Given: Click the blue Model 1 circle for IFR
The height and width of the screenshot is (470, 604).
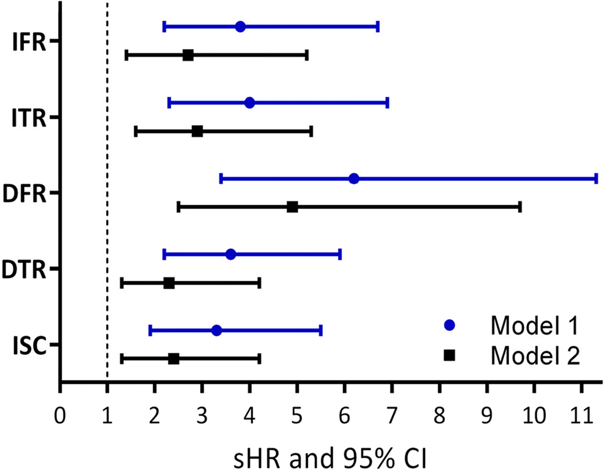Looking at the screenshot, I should tap(240, 27).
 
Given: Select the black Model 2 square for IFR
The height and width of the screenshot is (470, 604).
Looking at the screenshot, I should tap(188, 55).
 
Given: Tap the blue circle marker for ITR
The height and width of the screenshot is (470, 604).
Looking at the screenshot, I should tap(249, 103).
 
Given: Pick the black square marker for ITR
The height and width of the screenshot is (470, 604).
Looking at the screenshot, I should tap(197, 131).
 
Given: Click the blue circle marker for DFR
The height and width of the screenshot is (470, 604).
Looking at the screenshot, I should tap(353, 179).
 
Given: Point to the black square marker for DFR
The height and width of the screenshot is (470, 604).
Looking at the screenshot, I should tap(292, 207).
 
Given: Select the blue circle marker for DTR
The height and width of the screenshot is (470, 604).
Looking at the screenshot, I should tap(230, 254).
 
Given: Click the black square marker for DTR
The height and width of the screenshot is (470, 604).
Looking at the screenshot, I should tap(169, 283).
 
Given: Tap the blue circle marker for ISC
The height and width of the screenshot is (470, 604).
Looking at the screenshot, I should tap(216, 330).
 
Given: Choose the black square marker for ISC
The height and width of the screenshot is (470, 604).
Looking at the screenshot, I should tap(173, 358).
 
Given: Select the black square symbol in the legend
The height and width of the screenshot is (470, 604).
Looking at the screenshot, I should tap(451, 354).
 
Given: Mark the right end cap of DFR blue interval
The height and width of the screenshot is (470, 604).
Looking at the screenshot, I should tap(596, 179).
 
